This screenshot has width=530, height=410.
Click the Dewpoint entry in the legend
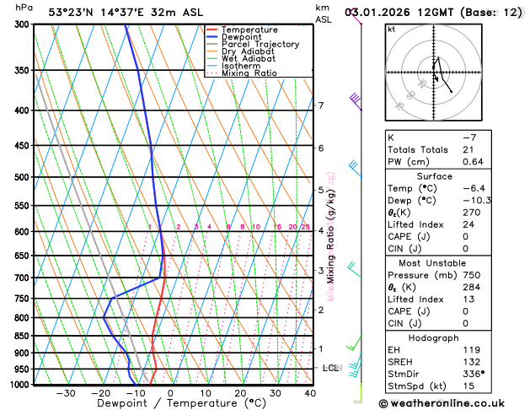241,37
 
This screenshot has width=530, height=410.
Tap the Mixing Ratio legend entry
249,73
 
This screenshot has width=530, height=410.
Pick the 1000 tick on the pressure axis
18,385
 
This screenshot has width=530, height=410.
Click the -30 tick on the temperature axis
66,393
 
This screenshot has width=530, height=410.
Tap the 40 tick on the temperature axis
310,393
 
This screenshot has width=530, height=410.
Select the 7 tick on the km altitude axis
321,105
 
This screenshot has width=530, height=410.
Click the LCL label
331,369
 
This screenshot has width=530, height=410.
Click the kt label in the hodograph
392,29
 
